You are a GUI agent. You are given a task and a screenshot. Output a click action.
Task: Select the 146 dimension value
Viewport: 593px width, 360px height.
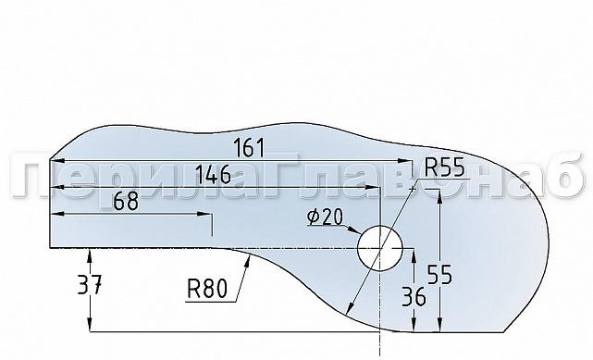[x=215, y=174]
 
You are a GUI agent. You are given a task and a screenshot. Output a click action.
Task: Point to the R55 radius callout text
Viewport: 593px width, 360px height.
[x=446, y=168]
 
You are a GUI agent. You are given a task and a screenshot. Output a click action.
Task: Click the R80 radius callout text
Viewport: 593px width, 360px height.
[x=206, y=290]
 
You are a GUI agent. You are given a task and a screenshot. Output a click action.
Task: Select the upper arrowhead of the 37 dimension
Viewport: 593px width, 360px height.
[x=90, y=254]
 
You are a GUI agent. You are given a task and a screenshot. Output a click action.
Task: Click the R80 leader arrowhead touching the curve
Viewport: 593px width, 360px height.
[x=248, y=263]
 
